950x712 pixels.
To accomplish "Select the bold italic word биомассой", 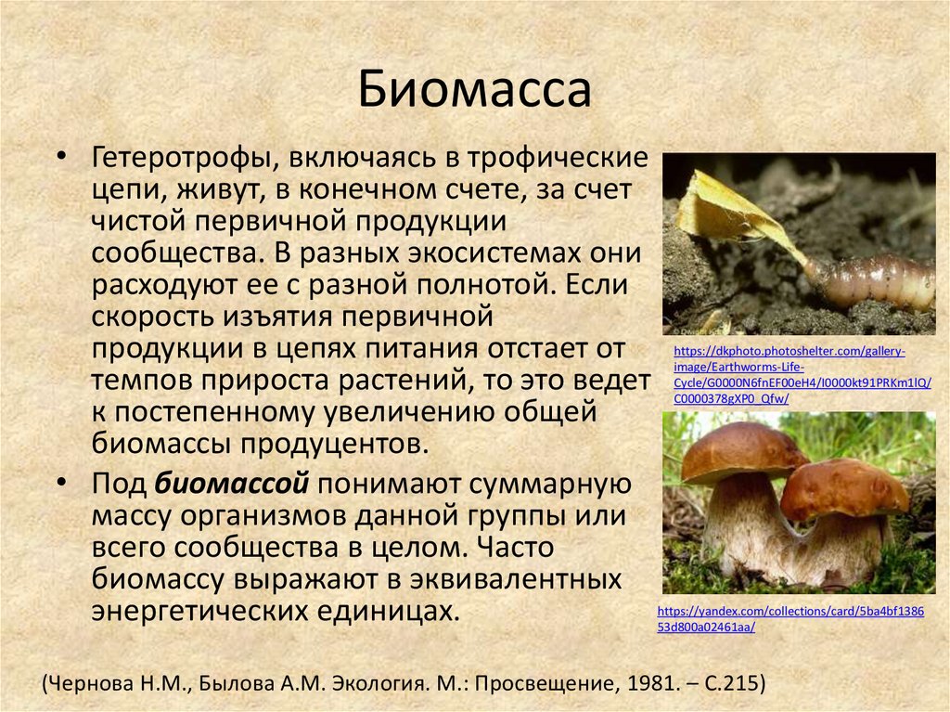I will [x=231, y=484].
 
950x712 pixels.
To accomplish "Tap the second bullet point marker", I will [x=60, y=483].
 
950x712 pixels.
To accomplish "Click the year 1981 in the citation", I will [x=647, y=684].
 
